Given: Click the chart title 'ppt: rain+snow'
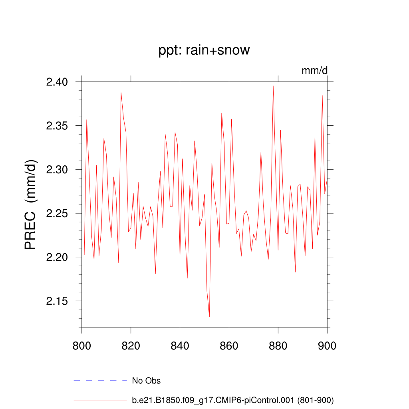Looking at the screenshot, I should coord(204,50).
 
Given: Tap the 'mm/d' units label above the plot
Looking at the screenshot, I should coord(314,71).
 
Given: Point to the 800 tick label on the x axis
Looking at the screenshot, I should coord(81,345).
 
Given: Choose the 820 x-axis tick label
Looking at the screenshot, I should coord(131,345).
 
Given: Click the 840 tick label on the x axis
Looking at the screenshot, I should coord(180,345).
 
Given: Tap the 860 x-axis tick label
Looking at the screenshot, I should coord(229,345).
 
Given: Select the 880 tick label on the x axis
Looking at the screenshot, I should coord(278,345).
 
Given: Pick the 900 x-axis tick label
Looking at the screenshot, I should coord(327,345).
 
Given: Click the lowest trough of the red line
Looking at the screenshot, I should coord(209,316).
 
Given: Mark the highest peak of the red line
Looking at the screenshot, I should coord(273,86).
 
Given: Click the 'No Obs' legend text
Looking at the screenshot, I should coord(146,381).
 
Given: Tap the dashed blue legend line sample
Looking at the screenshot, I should coord(100,381).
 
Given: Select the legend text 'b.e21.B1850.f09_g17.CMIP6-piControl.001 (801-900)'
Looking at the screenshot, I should coord(232,400).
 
